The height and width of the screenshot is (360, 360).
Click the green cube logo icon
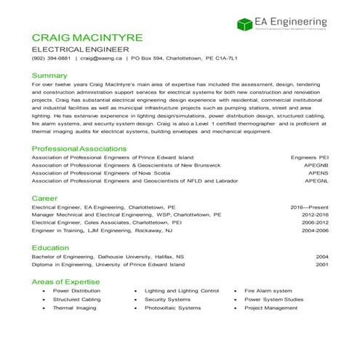[x=245, y=24]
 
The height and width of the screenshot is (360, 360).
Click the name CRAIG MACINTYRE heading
[x=87, y=37]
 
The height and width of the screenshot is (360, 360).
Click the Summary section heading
[x=49, y=75]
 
